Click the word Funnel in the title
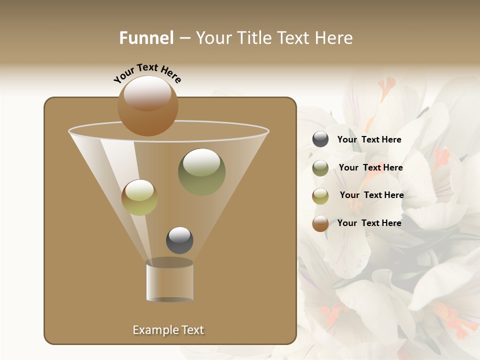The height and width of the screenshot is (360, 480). pos(146,38)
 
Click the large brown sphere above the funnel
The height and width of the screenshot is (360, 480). pos(147,105)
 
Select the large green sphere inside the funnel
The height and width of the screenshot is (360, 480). pos(201,172)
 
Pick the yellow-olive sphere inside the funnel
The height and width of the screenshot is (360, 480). pos(139,197)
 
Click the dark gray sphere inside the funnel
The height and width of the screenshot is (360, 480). pos(179,240)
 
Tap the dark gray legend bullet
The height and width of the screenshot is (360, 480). pos(320,139)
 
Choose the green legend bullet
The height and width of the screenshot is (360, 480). pos(320,168)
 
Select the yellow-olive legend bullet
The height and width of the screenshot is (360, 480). pos(320,196)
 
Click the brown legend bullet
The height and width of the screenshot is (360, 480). pos(320,223)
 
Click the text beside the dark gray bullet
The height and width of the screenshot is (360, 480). pos(369,139)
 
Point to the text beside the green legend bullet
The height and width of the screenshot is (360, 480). pos(370,167)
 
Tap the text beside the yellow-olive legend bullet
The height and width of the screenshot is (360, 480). pos(371,195)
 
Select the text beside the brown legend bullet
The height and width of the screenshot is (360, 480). pos(369,223)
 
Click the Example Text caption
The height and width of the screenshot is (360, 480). pos(168,330)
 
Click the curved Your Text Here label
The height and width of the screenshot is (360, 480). pos(147,72)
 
